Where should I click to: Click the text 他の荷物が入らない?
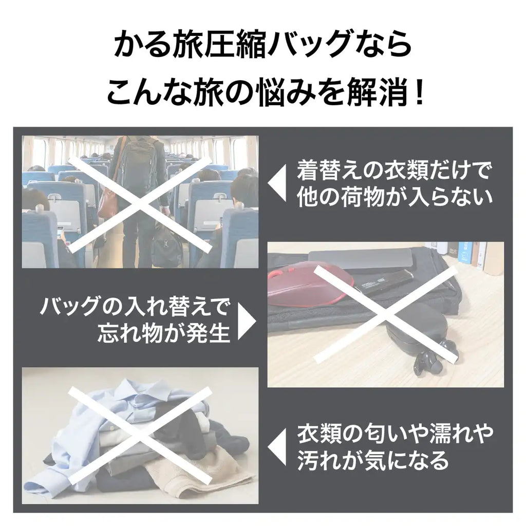[395, 198]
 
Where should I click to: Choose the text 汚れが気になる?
[373, 461]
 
